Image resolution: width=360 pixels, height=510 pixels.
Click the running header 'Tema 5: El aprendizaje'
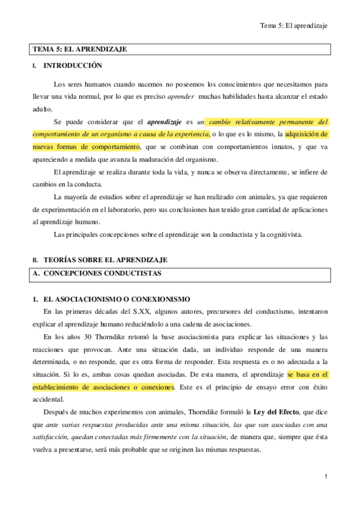click(x=296, y=26)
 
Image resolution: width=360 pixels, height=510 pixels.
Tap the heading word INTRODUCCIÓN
click(x=73, y=66)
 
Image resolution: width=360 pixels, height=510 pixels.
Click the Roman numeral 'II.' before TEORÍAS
click(x=35, y=260)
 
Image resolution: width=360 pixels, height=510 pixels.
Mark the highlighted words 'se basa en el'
click(x=308, y=375)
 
